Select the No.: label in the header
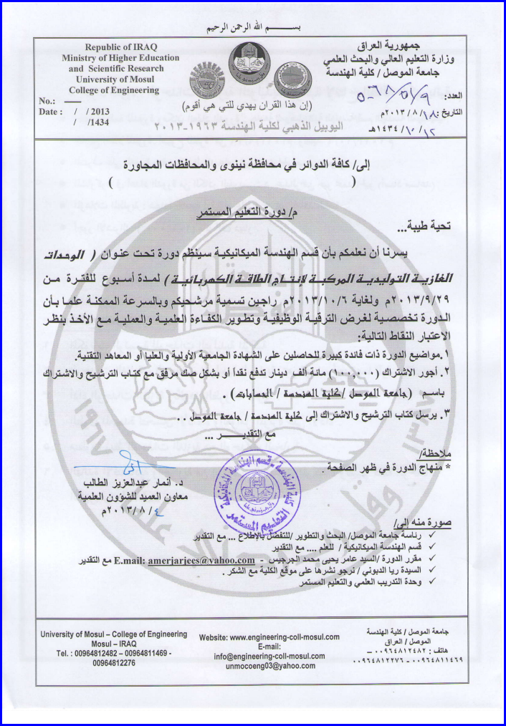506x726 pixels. [47, 101]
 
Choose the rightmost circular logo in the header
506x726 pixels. [294, 73]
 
